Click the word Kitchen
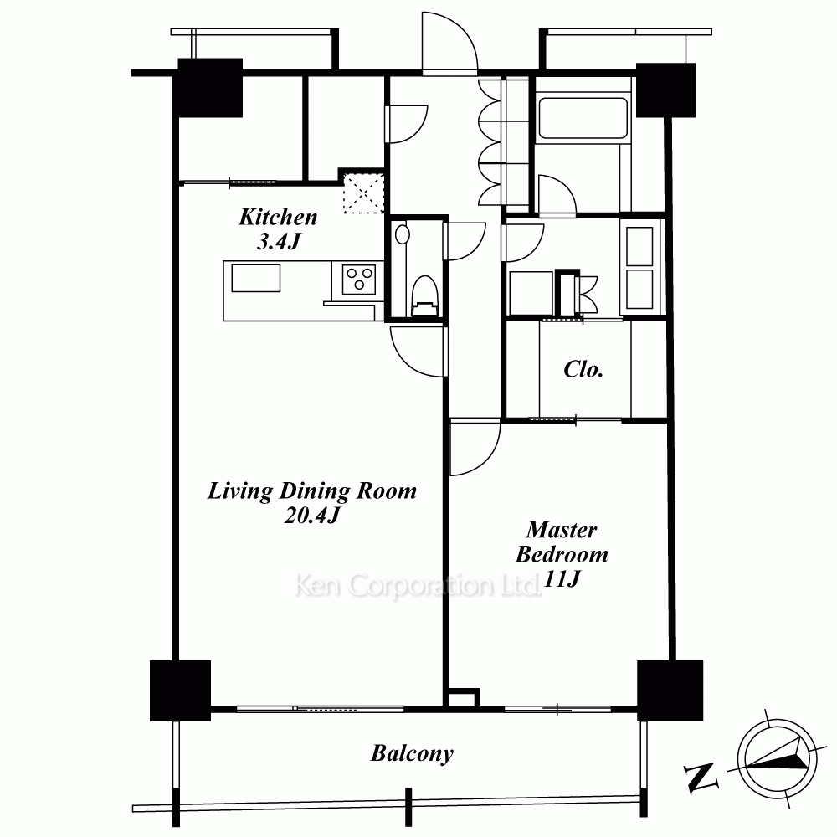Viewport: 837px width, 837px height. coord(278,218)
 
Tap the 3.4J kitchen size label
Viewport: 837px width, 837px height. coord(279,242)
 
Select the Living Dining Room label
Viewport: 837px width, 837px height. coord(312,491)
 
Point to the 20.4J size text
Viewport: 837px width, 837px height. coord(312,515)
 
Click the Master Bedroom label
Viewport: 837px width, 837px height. coord(562,542)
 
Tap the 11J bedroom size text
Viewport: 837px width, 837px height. coord(561,578)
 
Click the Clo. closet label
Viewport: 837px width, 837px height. coord(583,369)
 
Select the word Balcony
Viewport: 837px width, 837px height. coord(412,754)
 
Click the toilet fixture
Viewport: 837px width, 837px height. coord(425,296)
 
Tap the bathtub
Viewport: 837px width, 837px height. coord(583,118)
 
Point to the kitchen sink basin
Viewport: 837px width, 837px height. coord(256,278)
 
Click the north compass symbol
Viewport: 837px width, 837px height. coord(777,759)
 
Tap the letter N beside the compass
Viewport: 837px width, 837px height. coord(701,777)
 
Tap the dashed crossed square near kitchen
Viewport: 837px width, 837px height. coord(363,193)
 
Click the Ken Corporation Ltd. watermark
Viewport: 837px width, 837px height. coord(418,585)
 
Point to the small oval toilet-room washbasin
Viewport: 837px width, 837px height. coord(402,235)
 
